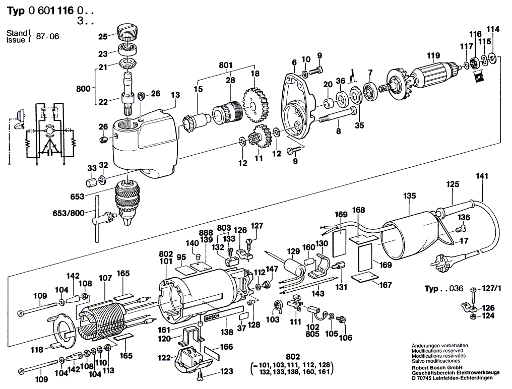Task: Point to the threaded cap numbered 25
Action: coord(127,35)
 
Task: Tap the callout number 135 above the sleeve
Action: coord(410,195)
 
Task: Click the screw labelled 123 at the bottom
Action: coord(202,374)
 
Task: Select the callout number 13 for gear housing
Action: coord(175,95)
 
